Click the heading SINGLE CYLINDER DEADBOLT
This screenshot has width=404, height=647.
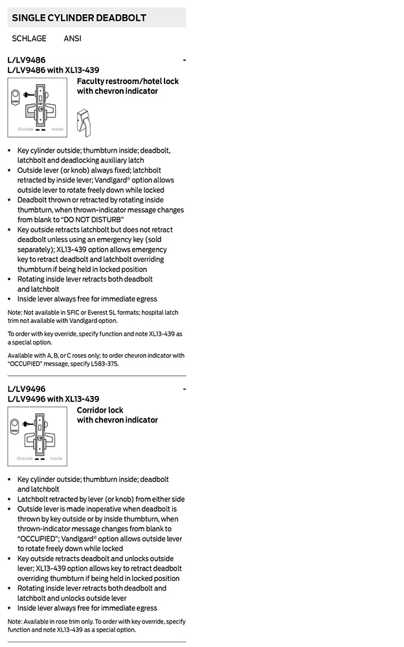(79, 18)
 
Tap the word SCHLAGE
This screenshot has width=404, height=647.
(29, 39)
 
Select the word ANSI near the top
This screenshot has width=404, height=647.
(73, 39)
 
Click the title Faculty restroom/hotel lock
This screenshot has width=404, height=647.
(128, 82)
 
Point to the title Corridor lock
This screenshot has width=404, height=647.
(100, 410)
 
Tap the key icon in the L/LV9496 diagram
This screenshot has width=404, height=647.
(29, 426)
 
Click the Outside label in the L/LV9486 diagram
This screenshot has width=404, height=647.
(25, 129)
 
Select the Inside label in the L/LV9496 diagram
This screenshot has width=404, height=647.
(57, 458)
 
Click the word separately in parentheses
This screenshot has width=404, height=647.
(36, 250)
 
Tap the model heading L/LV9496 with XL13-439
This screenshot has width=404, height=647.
(54, 399)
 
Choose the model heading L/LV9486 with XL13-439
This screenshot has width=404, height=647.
(54, 71)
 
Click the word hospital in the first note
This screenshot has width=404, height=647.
(146, 313)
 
